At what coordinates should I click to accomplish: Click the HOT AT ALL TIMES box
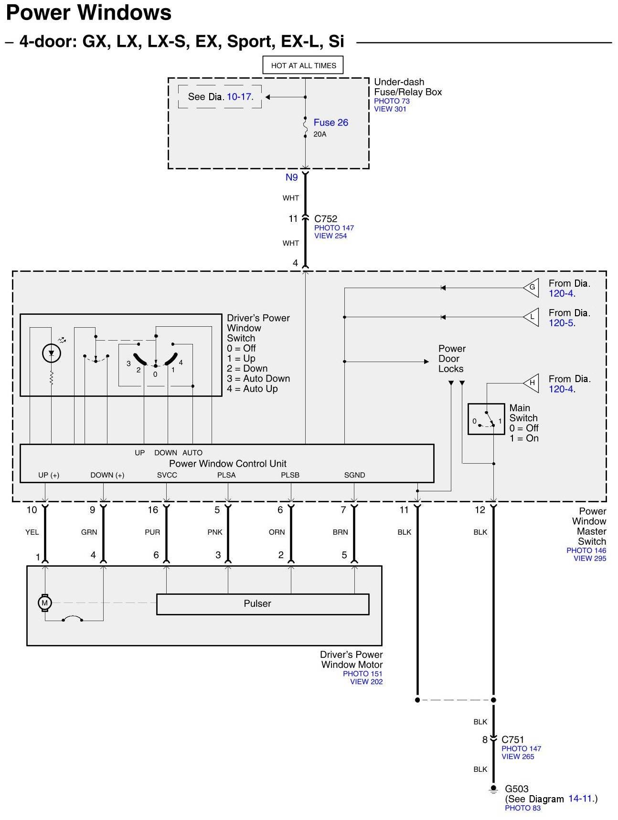pyautogui.click(x=303, y=65)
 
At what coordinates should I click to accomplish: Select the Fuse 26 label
pyautogui.click(x=330, y=123)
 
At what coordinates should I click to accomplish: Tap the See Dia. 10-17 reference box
pyautogui.click(x=220, y=97)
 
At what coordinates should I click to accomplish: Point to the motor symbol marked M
pyautogui.click(x=44, y=603)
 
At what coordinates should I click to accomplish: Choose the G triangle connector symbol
pyautogui.click(x=532, y=287)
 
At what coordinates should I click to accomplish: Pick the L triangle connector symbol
pyautogui.click(x=532, y=317)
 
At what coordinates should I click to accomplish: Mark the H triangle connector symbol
pyautogui.click(x=532, y=383)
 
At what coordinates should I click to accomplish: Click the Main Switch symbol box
pyautogui.click(x=486, y=419)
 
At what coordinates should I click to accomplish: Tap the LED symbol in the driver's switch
pyautogui.click(x=52, y=353)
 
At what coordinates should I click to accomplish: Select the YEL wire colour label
pyautogui.click(x=32, y=532)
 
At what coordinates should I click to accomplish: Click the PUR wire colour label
pyautogui.click(x=152, y=532)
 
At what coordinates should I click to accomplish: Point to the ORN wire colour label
pyautogui.click(x=277, y=532)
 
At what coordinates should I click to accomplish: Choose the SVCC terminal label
pyautogui.click(x=167, y=475)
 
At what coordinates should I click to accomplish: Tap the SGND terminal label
pyautogui.click(x=354, y=475)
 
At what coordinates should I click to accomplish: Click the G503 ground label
pyautogui.click(x=517, y=789)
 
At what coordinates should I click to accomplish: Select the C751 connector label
pyautogui.click(x=512, y=740)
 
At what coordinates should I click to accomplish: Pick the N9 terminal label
pyautogui.click(x=291, y=177)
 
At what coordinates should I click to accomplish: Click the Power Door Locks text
pyautogui.click(x=451, y=359)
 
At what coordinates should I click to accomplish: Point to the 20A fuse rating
pyautogui.click(x=320, y=135)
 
